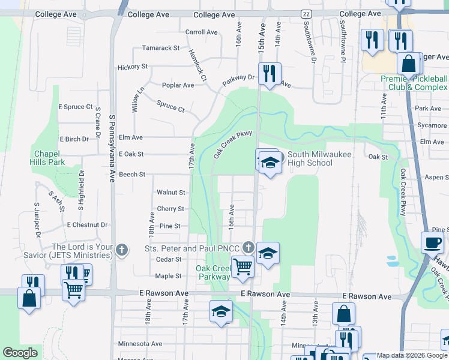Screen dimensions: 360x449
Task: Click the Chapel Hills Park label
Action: (x=48, y=158)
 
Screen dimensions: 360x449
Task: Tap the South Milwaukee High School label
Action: (x=310, y=158)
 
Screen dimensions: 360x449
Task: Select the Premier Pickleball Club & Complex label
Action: (x=414, y=83)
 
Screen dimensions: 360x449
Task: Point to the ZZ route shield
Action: (x=306, y=14)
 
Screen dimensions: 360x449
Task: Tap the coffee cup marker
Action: (x=432, y=243)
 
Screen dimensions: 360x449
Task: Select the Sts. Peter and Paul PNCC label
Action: (x=192, y=248)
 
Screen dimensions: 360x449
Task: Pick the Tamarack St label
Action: (x=161, y=48)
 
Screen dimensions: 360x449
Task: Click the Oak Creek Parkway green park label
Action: (x=214, y=272)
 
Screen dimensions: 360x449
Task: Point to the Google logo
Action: (x=20, y=353)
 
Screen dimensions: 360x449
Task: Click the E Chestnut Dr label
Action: (x=87, y=225)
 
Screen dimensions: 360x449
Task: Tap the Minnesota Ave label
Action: (x=140, y=344)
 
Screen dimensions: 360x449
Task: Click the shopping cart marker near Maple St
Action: (x=243, y=266)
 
